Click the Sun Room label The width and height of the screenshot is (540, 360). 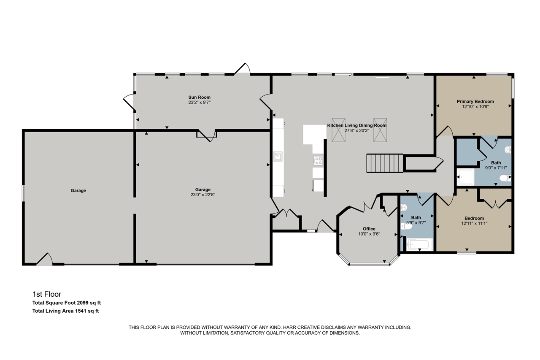pyautogui.click(x=199, y=97)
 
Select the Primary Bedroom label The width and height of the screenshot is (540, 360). pyautogui.click(x=475, y=102)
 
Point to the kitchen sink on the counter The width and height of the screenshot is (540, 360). pyautogui.click(x=278, y=157)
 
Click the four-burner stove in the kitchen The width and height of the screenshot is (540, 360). pyautogui.click(x=318, y=160)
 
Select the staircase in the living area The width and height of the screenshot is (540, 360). pyautogui.click(x=385, y=163)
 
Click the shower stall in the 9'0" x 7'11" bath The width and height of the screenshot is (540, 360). pyautogui.click(x=466, y=178)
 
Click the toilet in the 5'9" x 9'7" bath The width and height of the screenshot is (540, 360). pyautogui.click(x=406, y=227)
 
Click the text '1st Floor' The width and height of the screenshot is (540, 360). pyautogui.click(x=47, y=294)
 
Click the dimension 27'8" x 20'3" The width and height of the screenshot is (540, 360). pyautogui.click(x=357, y=130)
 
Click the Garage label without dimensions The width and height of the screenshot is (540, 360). pyautogui.click(x=78, y=191)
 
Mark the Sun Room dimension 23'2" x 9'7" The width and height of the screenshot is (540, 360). pyautogui.click(x=199, y=103)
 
